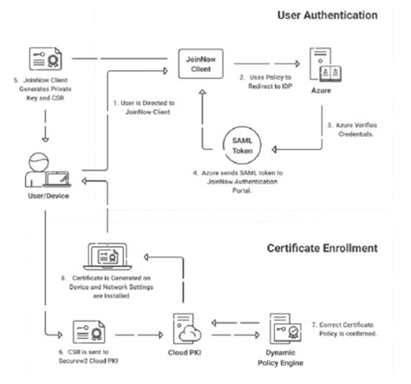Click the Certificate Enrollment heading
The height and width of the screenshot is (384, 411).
[x=321, y=248]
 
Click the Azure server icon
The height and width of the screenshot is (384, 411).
[x=316, y=61]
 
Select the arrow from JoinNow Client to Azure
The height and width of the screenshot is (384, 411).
[x=264, y=62]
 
